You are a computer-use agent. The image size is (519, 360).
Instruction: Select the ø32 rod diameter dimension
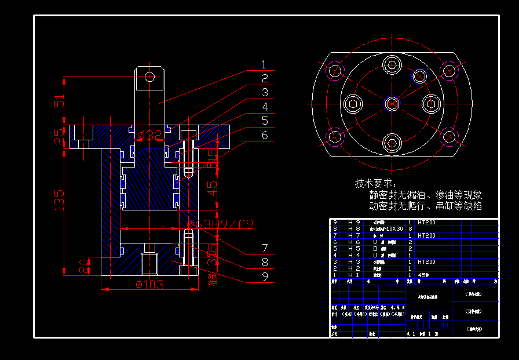[x=150, y=136]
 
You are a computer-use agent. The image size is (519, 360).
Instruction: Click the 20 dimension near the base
[x=85, y=266]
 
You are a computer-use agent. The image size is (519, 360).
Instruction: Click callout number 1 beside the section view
[x=264, y=65]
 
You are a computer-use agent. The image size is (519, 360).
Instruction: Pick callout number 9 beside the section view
[x=264, y=277]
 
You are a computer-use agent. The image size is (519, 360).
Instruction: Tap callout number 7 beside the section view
[x=264, y=248]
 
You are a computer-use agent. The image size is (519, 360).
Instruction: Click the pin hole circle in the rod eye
[x=150, y=77]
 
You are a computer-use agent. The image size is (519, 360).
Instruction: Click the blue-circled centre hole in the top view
[x=392, y=104]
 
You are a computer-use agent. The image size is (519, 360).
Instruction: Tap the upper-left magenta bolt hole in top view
[x=335, y=71]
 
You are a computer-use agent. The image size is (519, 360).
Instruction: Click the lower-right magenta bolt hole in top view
[x=449, y=137]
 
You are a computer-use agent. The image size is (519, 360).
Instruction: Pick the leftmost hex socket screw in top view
[x=353, y=104]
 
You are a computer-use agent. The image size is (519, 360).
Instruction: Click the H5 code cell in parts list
[x=354, y=249]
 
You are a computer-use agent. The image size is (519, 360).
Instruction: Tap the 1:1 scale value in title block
[x=445, y=326]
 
